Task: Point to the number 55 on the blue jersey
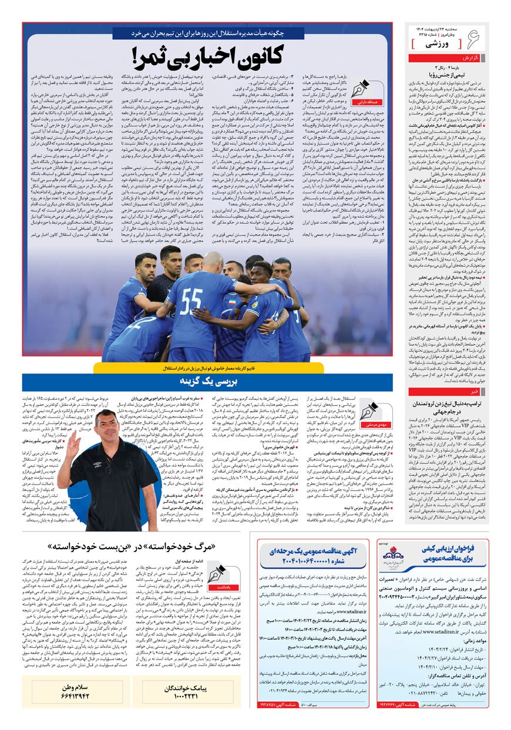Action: pos(192,301)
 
